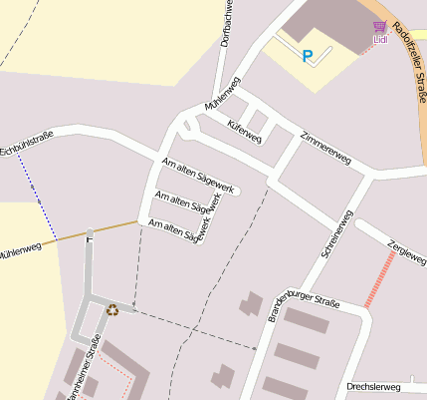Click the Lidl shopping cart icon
[x=379, y=27]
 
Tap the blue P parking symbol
[x=307, y=57]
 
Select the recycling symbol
[x=111, y=309]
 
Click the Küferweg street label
[x=244, y=131]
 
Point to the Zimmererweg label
[x=325, y=145]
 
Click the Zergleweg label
[x=406, y=252]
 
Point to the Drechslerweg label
[x=372, y=386]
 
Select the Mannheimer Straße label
[x=85, y=371]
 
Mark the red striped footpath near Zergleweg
[x=378, y=278]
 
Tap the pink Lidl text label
[x=380, y=40]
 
